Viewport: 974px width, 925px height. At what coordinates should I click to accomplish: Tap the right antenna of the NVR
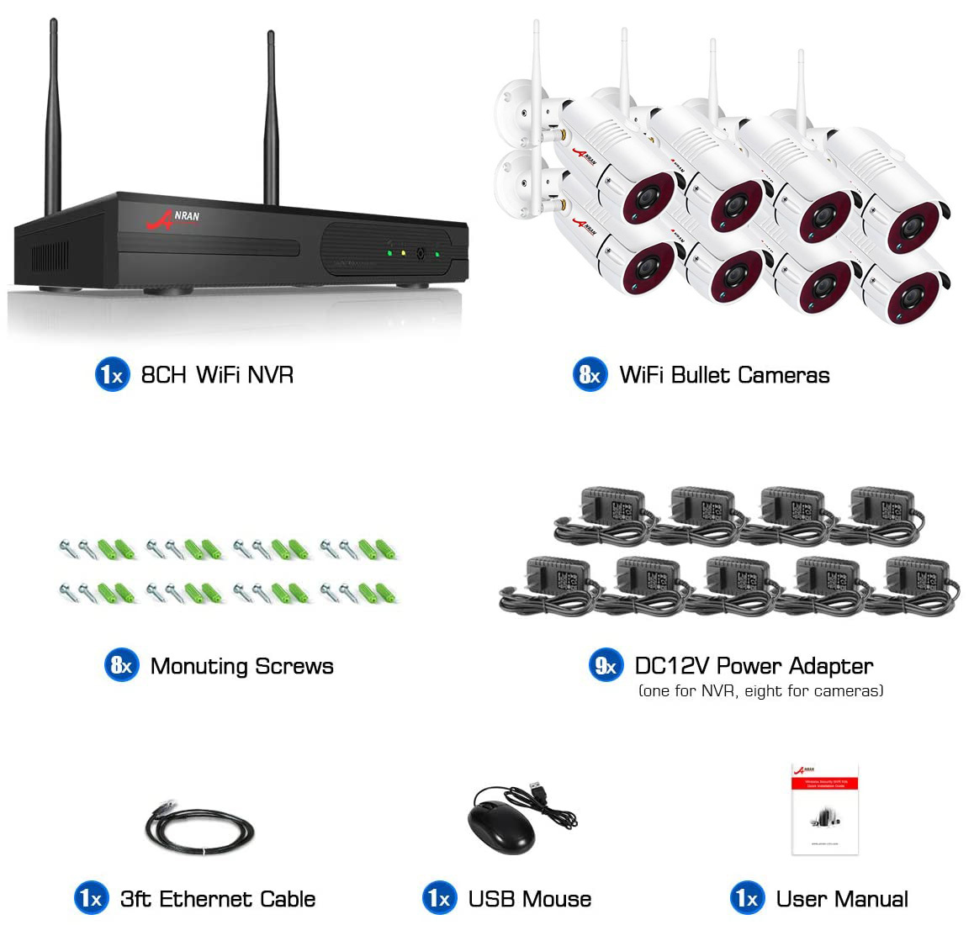[x=272, y=118]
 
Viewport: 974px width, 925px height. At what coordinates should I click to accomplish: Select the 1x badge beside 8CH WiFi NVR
[x=112, y=374]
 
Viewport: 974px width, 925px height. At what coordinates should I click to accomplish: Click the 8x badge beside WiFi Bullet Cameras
[x=590, y=375]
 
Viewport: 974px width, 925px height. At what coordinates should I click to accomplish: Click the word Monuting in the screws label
[x=199, y=666]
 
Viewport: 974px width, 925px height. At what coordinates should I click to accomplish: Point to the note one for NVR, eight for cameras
[x=760, y=691]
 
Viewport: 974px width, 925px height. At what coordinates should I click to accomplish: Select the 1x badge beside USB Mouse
[x=440, y=899]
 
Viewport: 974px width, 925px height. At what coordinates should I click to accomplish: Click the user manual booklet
[x=824, y=809]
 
